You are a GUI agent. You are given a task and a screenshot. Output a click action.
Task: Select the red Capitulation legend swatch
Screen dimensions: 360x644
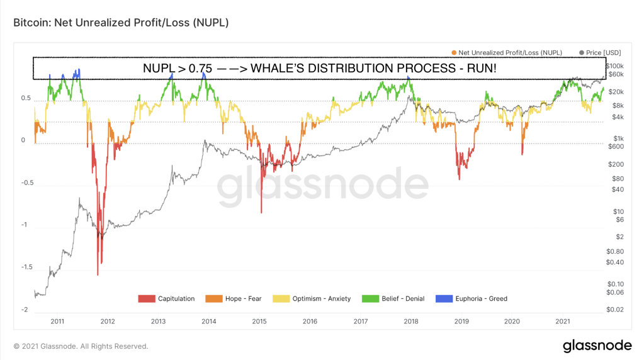coord(146,298)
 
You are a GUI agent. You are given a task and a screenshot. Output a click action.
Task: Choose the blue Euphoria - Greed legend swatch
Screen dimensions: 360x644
coord(445,298)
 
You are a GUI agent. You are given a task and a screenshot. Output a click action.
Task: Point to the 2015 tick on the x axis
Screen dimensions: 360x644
coord(259,321)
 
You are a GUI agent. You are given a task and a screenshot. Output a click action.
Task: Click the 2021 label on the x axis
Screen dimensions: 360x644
coord(563,321)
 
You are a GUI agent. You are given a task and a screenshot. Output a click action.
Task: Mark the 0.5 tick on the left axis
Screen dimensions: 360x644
coord(25,99)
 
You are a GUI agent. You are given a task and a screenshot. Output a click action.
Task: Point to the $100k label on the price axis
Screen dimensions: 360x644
coord(614,66)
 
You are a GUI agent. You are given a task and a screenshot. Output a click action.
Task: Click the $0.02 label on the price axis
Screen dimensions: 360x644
coord(614,310)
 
